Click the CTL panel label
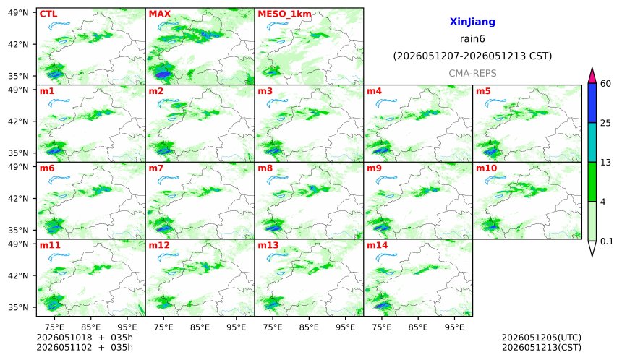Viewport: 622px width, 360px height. (x=48, y=14)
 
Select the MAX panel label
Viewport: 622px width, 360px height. (x=159, y=14)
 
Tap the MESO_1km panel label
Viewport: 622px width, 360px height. (x=284, y=14)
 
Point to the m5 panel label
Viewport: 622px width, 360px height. (x=483, y=91)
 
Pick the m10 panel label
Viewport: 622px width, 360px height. (x=486, y=168)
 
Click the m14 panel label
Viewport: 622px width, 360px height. (x=377, y=245)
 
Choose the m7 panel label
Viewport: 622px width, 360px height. (x=156, y=168)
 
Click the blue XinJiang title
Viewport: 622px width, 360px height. (x=472, y=22)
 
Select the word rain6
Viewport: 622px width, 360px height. (x=472, y=39)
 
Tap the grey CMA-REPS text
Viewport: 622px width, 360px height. (x=472, y=73)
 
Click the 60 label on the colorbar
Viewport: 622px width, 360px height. (x=606, y=84)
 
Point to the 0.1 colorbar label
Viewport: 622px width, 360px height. (x=607, y=241)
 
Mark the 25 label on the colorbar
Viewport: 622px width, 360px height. (x=606, y=124)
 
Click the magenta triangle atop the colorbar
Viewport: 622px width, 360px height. (x=592, y=75)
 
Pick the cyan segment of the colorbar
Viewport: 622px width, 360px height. (x=592, y=142)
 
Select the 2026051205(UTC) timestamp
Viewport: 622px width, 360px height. (x=542, y=338)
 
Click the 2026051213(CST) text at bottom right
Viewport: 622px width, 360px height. (x=542, y=348)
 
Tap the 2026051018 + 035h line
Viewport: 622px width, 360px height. (x=85, y=338)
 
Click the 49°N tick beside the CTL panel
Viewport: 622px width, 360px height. (x=18, y=13)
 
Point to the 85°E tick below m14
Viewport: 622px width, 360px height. (x=418, y=327)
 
